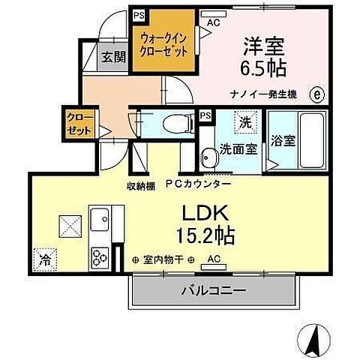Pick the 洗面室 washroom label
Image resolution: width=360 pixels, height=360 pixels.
[238, 148]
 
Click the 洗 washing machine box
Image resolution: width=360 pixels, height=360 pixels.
[245, 121]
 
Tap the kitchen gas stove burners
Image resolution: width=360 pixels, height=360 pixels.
[100, 258]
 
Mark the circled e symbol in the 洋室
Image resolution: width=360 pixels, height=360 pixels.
[316, 94]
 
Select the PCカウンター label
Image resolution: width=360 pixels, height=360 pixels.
[193, 184]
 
